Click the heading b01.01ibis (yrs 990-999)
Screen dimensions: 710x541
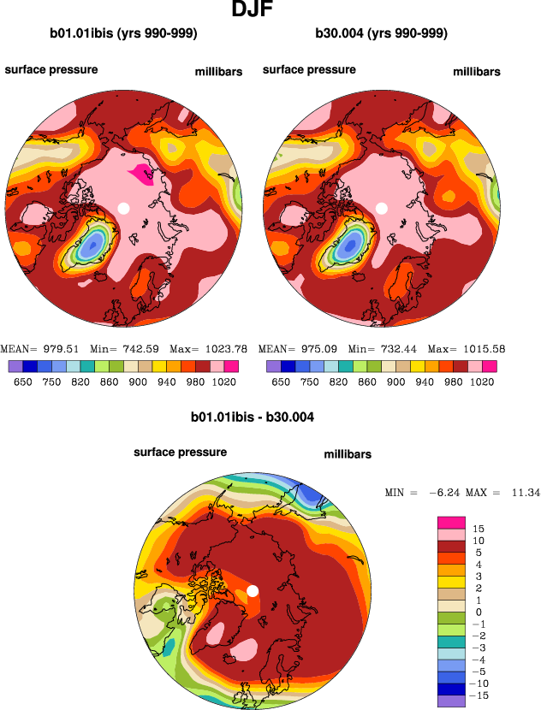pyautogui.click(x=124, y=34)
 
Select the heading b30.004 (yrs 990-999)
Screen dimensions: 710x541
pyautogui.click(x=382, y=34)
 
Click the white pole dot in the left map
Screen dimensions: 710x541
pyautogui.click(x=124, y=208)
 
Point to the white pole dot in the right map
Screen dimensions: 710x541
pyautogui.click(x=383, y=208)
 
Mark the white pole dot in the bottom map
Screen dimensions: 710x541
pyautogui.click(x=253, y=590)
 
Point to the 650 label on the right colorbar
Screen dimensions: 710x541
pyautogui.click(x=280, y=382)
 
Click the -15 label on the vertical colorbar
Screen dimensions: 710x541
pyautogui.click(x=479, y=697)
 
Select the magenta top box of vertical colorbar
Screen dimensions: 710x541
pyautogui.click(x=451, y=523)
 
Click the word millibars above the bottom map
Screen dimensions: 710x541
pyautogui.click(x=348, y=454)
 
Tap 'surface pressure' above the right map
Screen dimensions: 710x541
pyautogui.click(x=309, y=69)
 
